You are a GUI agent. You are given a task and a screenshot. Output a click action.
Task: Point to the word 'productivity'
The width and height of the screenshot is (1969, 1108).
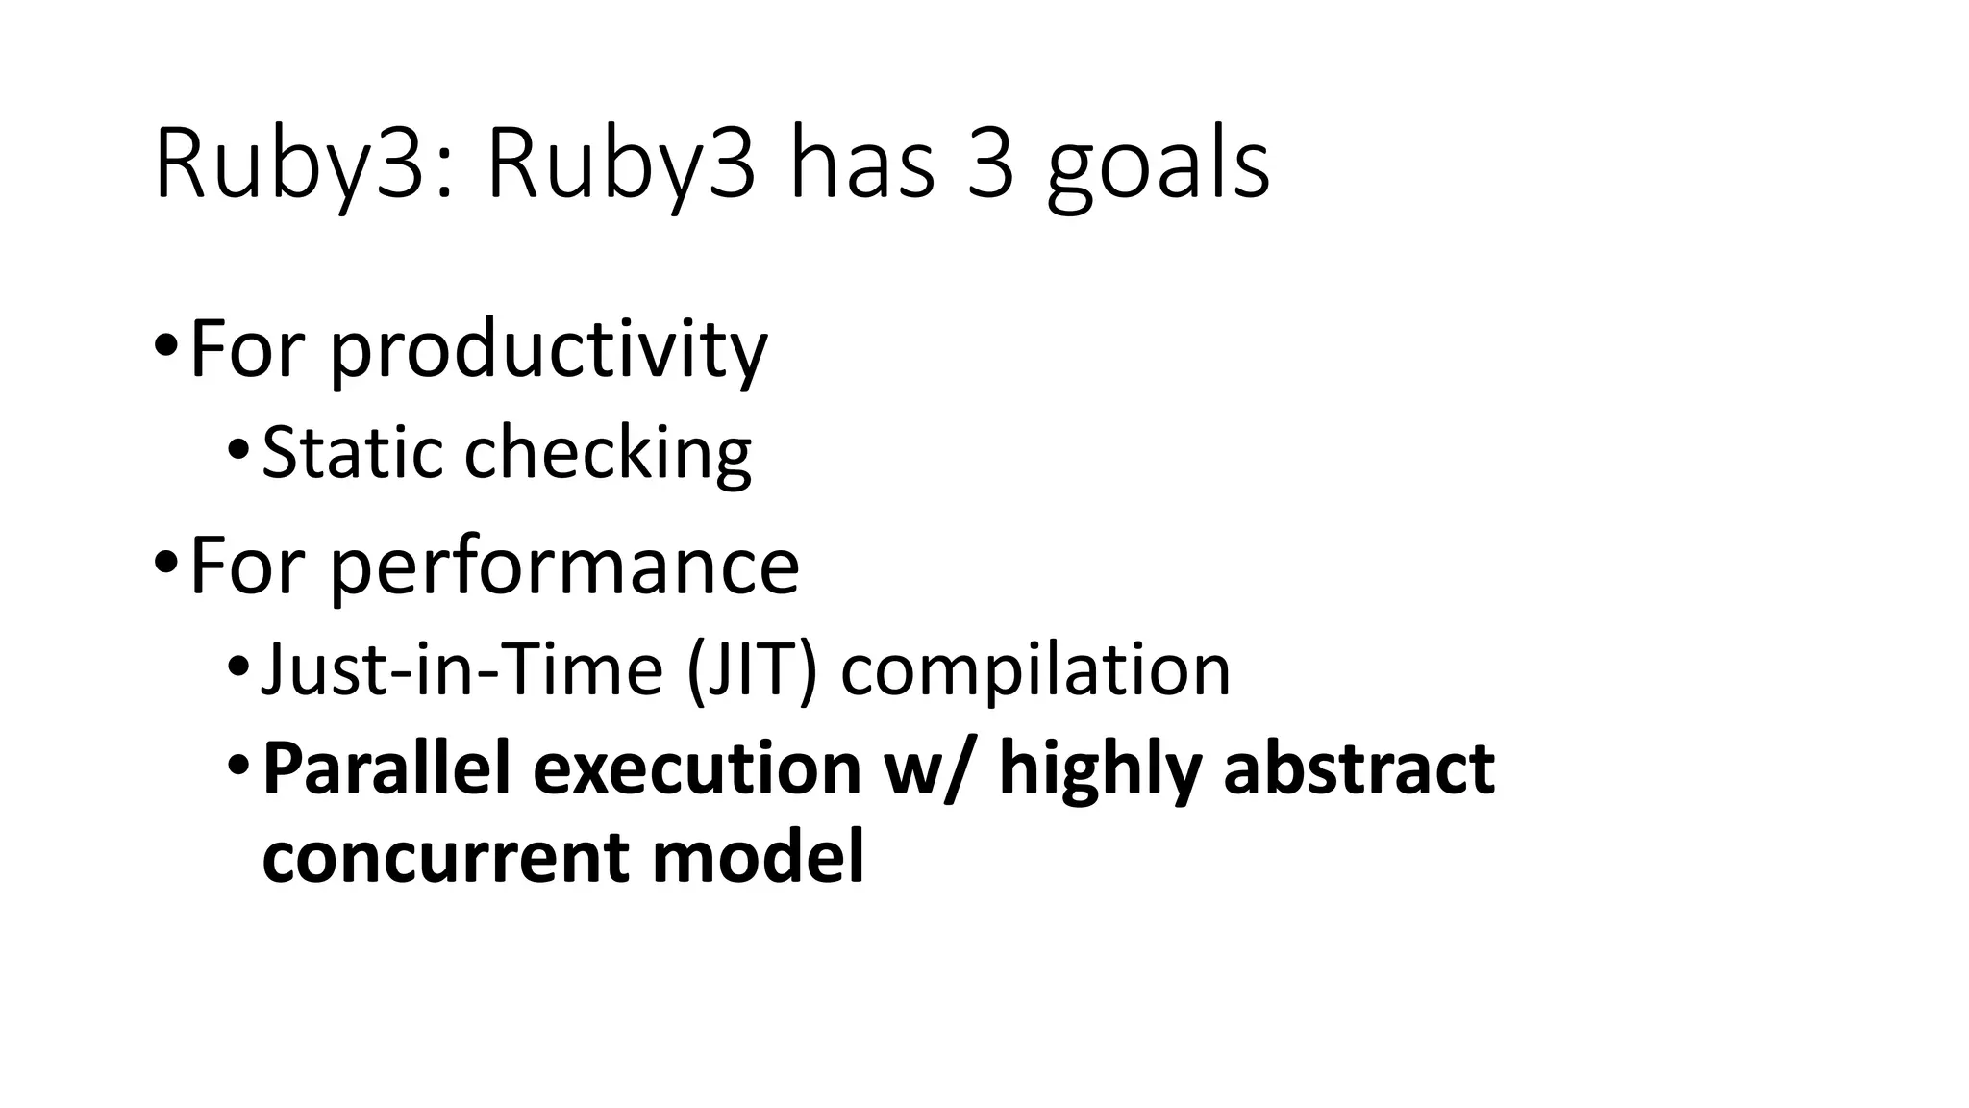tap(548, 351)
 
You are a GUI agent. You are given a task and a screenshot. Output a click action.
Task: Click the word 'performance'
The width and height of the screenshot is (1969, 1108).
tap(564, 567)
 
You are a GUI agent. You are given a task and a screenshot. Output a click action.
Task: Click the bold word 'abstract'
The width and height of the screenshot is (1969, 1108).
tap(1358, 769)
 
